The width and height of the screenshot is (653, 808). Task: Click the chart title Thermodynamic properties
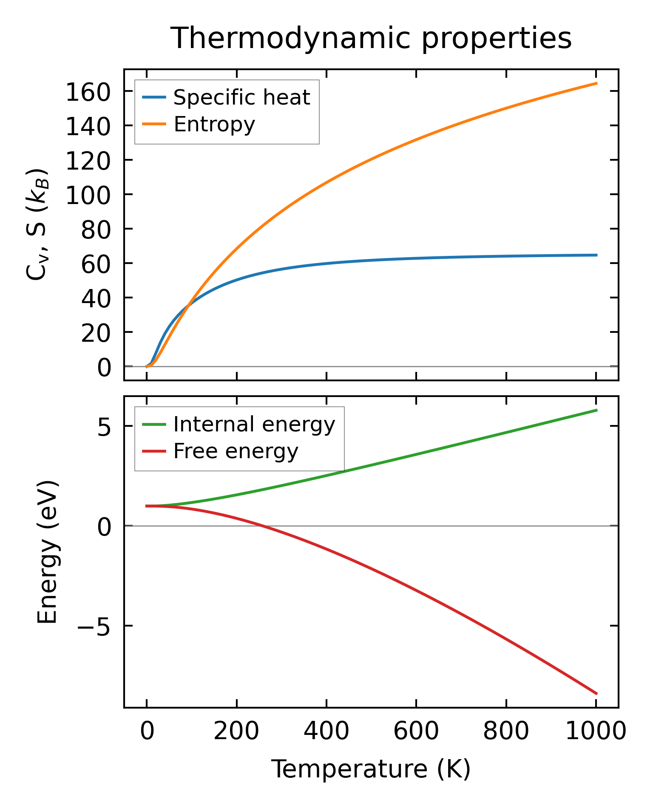(371, 38)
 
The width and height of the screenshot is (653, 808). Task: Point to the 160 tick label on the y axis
(88, 93)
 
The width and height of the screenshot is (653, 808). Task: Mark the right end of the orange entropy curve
(596, 83)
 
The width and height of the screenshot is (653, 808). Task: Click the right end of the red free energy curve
(596, 694)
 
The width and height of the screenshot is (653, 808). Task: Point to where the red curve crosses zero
(260, 526)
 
